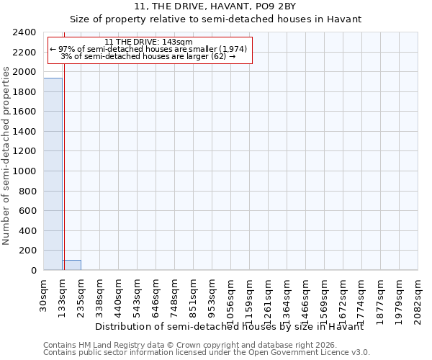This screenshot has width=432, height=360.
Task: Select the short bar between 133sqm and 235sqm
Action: [x=71, y=265]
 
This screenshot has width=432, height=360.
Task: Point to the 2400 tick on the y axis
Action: [x=24, y=33]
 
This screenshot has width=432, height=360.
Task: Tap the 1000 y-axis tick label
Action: [x=24, y=171]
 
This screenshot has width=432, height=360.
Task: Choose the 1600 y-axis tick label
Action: [x=24, y=112]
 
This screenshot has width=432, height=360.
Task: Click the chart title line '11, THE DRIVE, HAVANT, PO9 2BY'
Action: [x=215, y=7]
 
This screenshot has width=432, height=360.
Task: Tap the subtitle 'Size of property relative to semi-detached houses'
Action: [x=215, y=19]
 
